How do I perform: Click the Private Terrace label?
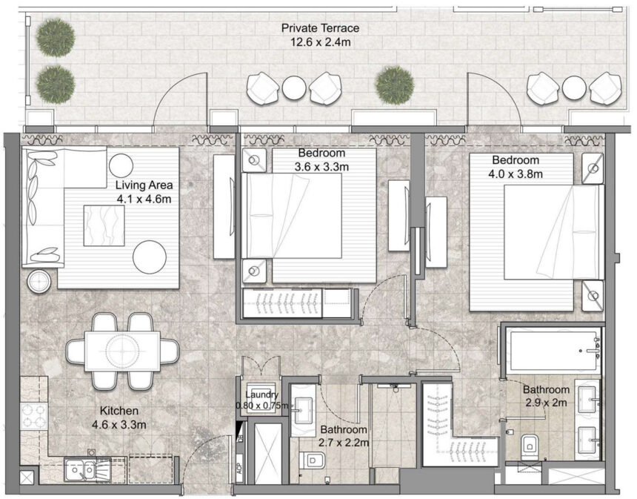[x=320, y=28]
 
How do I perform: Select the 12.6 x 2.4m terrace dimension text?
[x=320, y=42]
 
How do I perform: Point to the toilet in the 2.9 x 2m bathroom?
[x=530, y=445]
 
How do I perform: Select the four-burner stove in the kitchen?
[x=34, y=418]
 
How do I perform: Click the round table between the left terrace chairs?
[x=294, y=88]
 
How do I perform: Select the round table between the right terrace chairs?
[x=574, y=87]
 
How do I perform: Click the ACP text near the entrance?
[x=239, y=472]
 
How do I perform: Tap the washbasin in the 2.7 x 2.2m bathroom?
[x=303, y=405]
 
